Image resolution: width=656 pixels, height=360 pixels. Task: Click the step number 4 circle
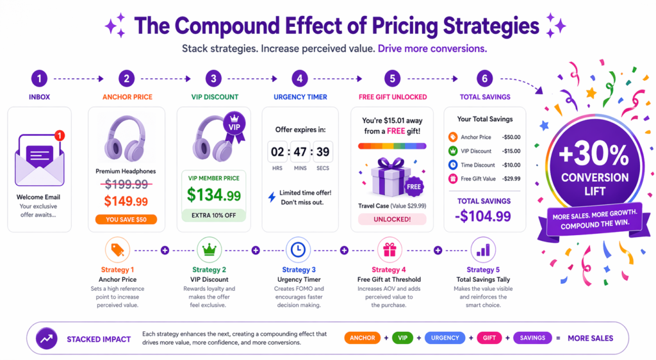(299, 79)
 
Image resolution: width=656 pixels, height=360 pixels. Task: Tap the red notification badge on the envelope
(60, 135)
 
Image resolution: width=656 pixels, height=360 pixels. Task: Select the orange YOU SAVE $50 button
(126, 219)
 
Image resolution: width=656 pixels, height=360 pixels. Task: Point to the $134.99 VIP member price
(215, 195)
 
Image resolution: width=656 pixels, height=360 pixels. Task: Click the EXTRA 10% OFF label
(215, 215)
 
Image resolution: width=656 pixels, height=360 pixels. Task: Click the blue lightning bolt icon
(271, 197)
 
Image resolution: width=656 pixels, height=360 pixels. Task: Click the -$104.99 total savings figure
(484, 216)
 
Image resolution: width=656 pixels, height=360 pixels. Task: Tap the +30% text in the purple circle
(586, 154)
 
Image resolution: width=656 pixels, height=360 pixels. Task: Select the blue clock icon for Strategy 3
(298, 250)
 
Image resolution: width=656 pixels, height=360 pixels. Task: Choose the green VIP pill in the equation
(402, 338)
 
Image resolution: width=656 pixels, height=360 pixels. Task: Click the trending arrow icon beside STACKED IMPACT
(45, 338)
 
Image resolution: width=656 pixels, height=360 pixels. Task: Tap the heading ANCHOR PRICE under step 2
(126, 97)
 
